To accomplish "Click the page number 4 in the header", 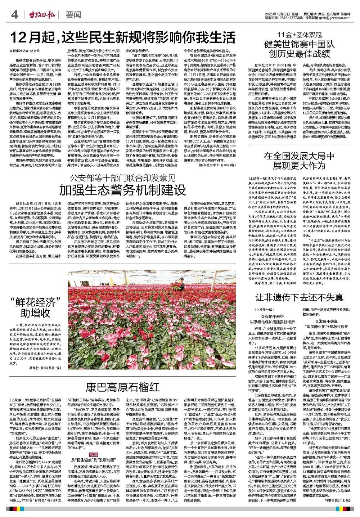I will click(15, 15).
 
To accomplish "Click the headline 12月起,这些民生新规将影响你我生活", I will click(123, 37).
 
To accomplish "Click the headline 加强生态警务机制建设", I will click(123, 189).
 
